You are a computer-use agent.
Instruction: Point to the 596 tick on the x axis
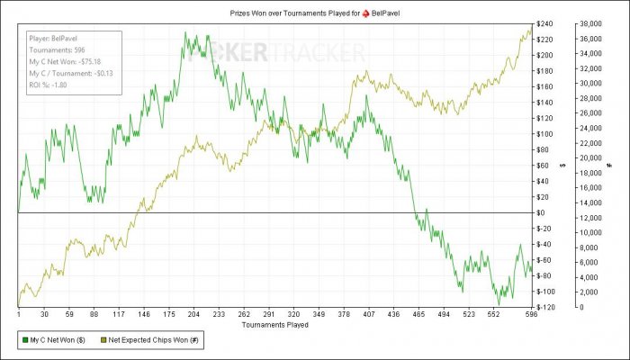(530, 315)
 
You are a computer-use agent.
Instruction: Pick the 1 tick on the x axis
(19, 315)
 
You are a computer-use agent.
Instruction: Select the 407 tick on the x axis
(368, 315)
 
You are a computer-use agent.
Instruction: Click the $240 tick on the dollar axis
(545, 23)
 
